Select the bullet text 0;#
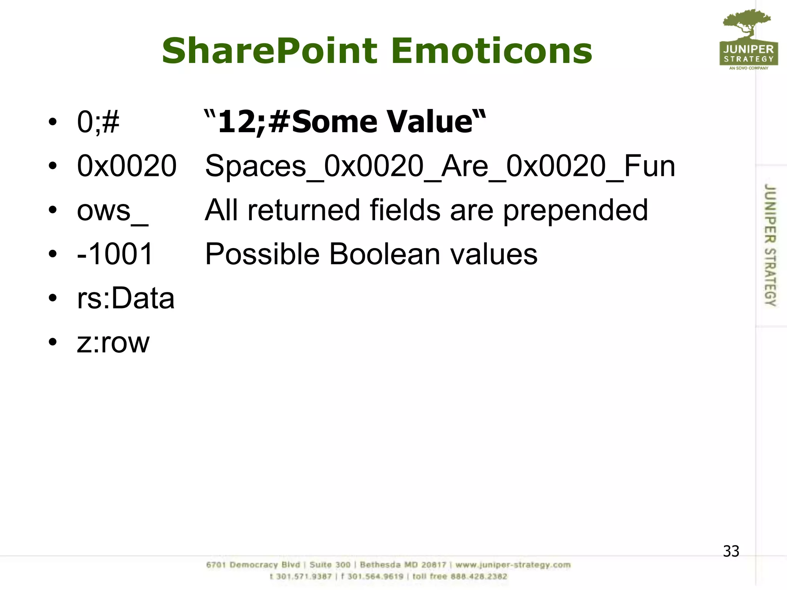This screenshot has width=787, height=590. (x=98, y=122)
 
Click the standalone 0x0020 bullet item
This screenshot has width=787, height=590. (x=127, y=166)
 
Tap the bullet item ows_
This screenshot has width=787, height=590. (x=112, y=210)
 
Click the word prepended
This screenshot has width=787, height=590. (x=575, y=210)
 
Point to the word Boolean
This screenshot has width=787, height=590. (x=385, y=254)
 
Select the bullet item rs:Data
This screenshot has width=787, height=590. (x=126, y=298)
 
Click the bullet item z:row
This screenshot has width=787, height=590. (x=113, y=343)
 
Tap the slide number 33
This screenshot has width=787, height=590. (x=731, y=551)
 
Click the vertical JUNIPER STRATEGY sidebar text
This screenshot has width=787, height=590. (x=770, y=245)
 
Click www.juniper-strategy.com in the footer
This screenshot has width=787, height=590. (x=513, y=565)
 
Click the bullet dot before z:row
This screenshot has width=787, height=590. (x=53, y=342)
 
